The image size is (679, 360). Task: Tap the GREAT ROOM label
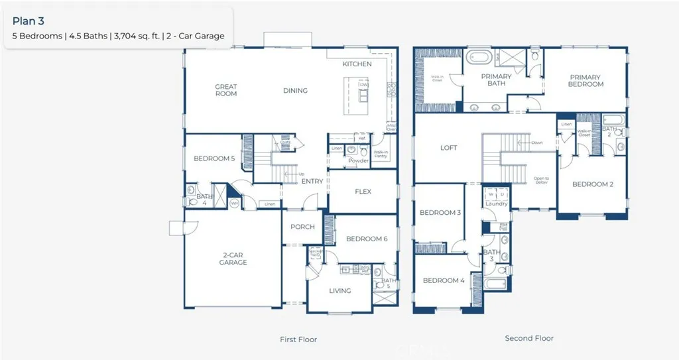point(226,90)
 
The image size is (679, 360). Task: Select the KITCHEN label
point(357,64)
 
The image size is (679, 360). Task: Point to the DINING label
point(295,91)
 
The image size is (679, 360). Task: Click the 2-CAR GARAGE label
point(233,259)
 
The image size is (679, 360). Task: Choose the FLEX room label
point(363,192)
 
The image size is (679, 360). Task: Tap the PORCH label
point(302,227)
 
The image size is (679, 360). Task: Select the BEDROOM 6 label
point(367,239)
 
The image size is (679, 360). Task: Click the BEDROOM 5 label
point(214,159)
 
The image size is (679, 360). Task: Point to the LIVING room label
point(340,290)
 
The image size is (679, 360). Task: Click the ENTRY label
point(312,182)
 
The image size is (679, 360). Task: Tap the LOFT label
point(449,148)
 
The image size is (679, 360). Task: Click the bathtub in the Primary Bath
point(478,58)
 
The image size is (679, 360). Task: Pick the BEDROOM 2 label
point(593,184)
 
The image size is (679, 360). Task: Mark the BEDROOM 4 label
point(444,280)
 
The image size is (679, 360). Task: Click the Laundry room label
point(496,204)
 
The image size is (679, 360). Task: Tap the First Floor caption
point(298,339)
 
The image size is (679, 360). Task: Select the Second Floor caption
point(529,338)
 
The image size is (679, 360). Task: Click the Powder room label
point(358,161)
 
